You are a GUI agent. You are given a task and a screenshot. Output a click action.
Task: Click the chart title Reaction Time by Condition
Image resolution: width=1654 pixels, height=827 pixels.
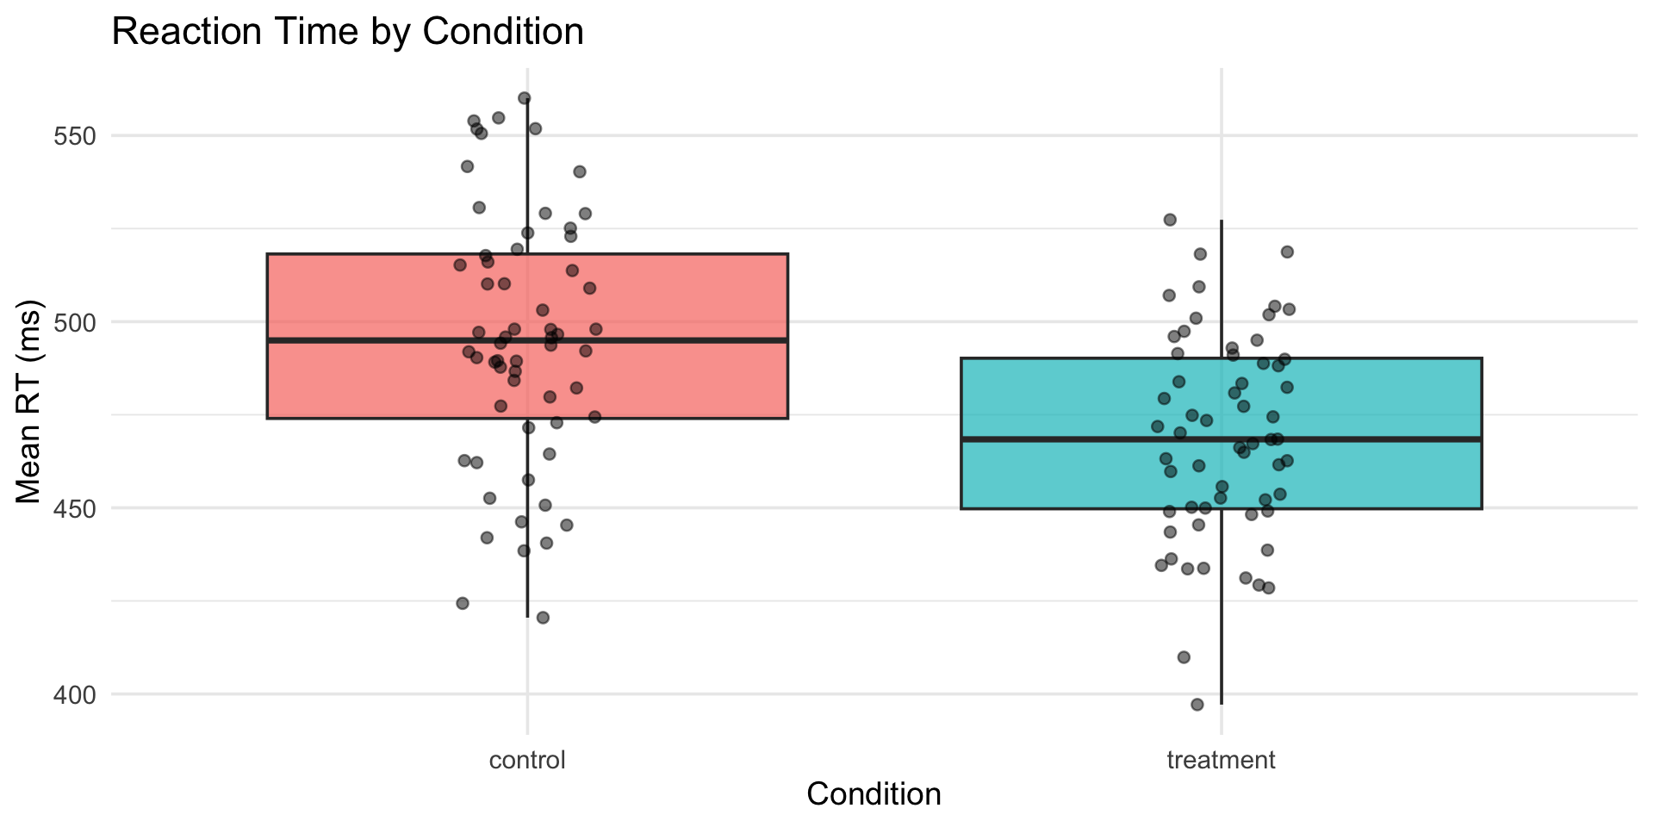click(347, 33)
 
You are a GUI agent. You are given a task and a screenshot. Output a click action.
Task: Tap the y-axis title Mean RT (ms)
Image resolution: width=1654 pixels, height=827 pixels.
click(29, 402)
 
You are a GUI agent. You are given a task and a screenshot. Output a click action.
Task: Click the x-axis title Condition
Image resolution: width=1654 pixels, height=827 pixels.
click(873, 793)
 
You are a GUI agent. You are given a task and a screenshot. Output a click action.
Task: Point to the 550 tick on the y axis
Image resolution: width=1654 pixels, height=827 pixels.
click(78, 136)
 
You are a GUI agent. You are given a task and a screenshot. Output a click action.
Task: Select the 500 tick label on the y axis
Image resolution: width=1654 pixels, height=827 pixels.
click(78, 322)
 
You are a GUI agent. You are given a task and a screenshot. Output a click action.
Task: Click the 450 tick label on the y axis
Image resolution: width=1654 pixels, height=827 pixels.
click(78, 508)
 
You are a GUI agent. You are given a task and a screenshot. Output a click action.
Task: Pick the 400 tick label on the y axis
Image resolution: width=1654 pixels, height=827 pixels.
click(78, 694)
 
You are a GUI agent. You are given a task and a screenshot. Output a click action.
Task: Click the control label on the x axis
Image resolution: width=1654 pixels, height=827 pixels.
click(527, 761)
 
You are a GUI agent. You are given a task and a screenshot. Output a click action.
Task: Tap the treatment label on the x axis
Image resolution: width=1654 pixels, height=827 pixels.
click(1220, 761)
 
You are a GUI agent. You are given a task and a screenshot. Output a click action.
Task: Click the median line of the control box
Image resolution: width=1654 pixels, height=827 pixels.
click(655, 340)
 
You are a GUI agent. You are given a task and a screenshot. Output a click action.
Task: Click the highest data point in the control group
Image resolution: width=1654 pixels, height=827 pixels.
click(524, 98)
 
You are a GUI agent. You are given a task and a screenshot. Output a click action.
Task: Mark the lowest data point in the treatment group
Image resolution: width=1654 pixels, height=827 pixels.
click(1197, 705)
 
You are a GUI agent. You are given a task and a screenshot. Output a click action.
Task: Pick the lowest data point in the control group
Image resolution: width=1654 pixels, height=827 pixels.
click(543, 618)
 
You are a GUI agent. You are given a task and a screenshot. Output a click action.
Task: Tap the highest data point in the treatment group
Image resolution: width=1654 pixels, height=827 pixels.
click(1170, 220)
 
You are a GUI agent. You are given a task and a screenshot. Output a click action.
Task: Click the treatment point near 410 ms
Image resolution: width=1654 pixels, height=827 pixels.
click(1184, 657)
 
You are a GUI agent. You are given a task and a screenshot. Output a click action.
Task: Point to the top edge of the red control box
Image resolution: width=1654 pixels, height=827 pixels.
click(655, 254)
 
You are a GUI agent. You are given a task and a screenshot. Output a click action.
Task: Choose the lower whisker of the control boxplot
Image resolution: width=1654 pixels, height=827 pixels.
click(528, 551)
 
